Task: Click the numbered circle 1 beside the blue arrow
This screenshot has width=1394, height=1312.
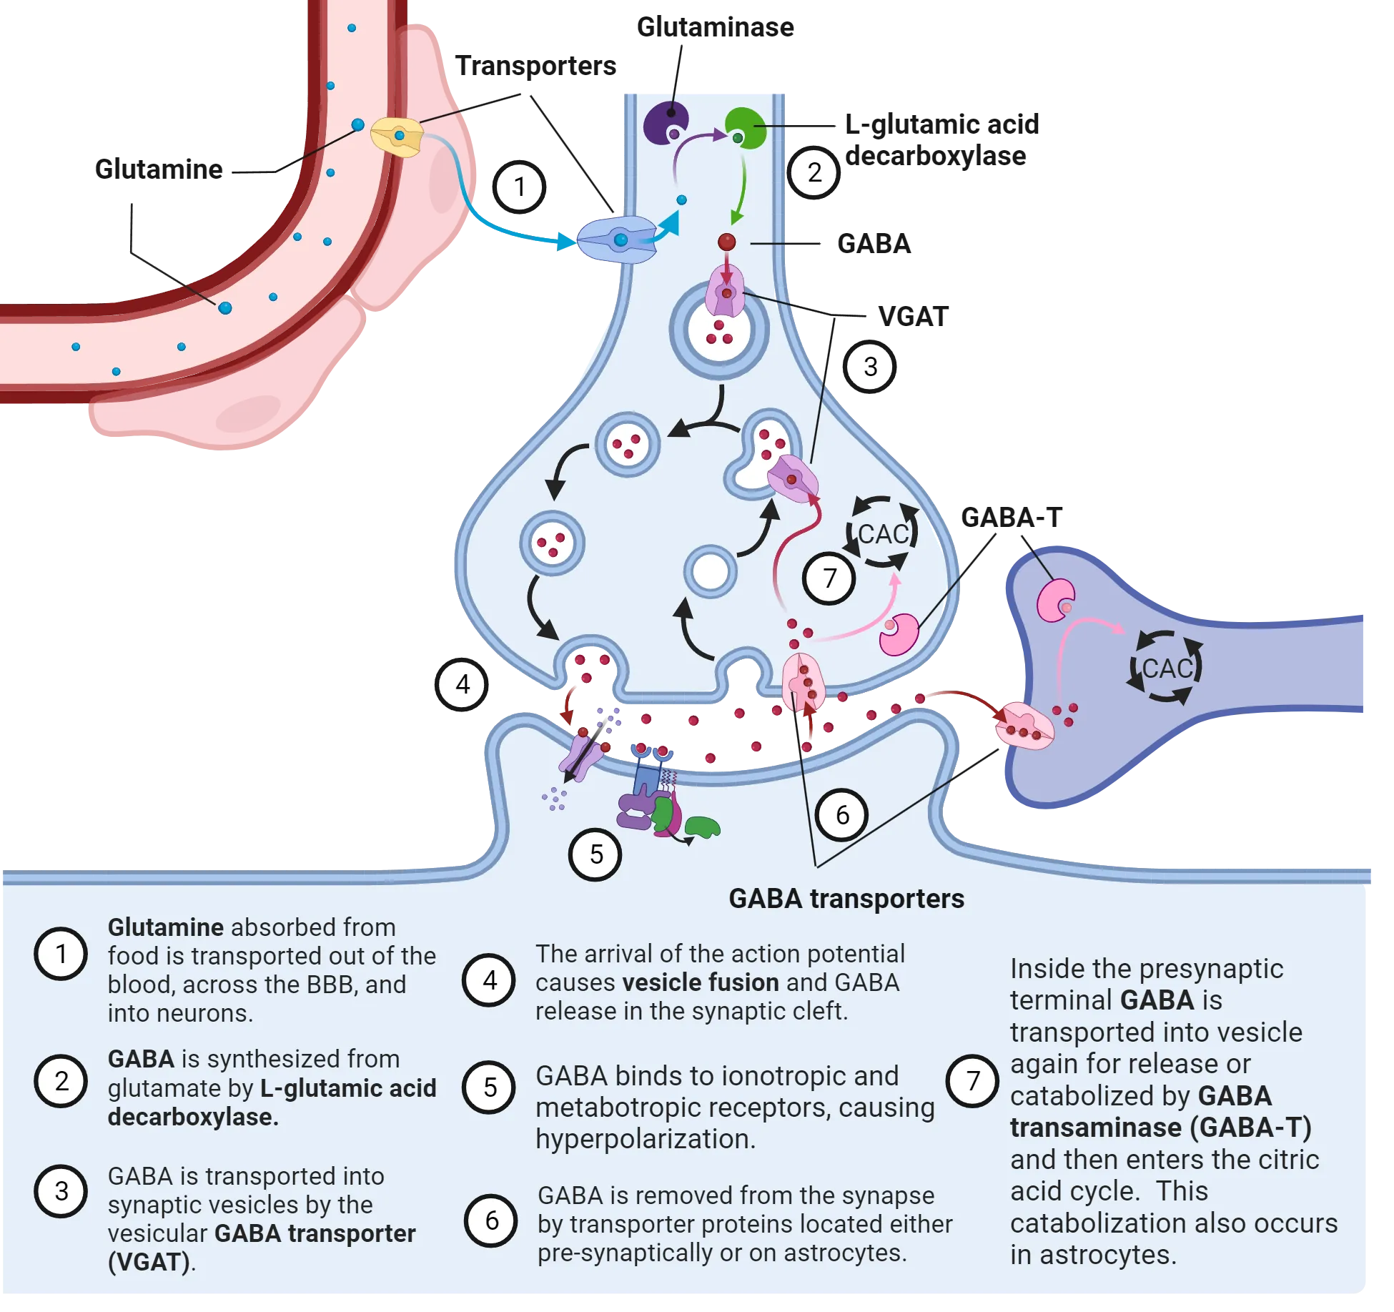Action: pyautogui.click(x=520, y=187)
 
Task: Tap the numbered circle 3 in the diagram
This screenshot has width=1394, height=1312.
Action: pyautogui.click(x=870, y=367)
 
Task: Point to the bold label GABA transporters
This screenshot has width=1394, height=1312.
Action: pyautogui.click(x=846, y=899)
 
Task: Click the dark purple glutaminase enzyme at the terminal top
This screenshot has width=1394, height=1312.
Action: pyautogui.click(x=666, y=122)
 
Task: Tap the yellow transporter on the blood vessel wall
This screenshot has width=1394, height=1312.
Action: pyautogui.click(x=397, y=137)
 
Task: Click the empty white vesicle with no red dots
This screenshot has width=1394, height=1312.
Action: pyautogui.click(x=711, y=572)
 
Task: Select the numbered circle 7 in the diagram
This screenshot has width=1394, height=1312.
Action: pyautogui.click(x=829, y=578)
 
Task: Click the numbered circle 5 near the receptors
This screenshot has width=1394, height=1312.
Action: pyautogui.click(x=595, y=854)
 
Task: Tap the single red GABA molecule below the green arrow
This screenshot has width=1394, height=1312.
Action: pyautogui.click(x=726, y=242)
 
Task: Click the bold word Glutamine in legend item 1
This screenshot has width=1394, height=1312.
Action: pyautogui.click(x=165, y=927)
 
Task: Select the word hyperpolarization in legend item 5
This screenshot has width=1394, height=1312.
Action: pyautogui.click(x=645, y=1139)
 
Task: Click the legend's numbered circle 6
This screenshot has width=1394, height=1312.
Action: pyautogui.click(x=491, y=1220)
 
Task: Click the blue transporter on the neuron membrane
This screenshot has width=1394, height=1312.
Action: pyautogui.click(x=618, y=240)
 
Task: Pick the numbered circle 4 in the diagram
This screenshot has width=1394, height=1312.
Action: pyautogui.click(x=463, y=685)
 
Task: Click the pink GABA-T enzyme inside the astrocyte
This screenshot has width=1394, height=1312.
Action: pyautogui.click(x=1056, y=599)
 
